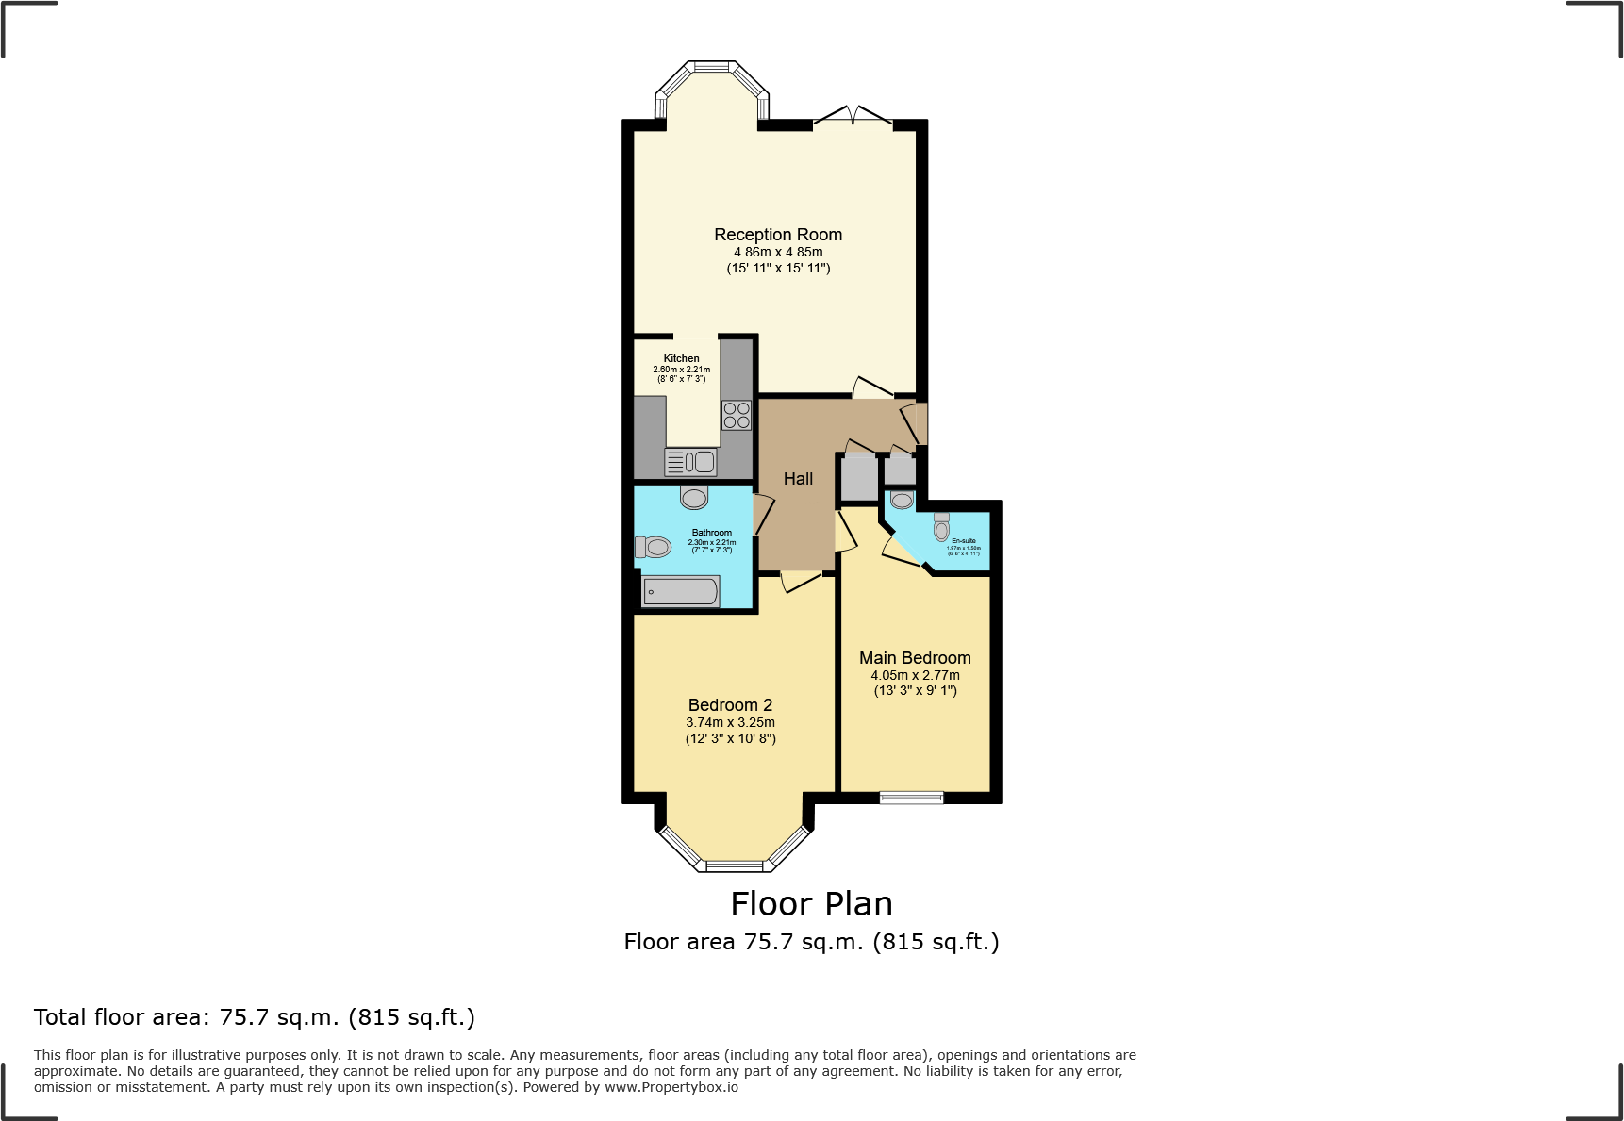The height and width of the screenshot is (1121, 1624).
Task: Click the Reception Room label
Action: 778,235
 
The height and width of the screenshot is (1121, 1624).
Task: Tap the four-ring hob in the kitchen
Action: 737,416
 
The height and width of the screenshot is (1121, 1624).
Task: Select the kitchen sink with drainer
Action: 690,462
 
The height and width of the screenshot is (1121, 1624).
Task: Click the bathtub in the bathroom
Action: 681,592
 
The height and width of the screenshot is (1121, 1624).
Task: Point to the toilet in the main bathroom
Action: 653,547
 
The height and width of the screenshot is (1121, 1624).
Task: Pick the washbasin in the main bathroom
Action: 694,497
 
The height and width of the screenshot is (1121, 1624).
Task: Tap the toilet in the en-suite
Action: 941,528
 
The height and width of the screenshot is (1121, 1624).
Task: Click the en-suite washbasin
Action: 902,500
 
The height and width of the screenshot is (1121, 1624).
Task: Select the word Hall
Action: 798,479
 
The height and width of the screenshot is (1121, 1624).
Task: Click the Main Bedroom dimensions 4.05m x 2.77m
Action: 915,675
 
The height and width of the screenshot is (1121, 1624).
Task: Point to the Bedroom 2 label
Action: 730,705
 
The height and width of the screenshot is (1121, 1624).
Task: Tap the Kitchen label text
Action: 681,358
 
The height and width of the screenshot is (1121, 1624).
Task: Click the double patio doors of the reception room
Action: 853,117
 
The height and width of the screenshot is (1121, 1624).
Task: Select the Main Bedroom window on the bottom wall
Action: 911,798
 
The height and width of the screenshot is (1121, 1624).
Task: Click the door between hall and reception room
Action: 872,387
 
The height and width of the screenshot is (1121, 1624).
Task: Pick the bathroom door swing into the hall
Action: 763,515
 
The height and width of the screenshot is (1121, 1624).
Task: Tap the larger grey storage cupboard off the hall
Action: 858,478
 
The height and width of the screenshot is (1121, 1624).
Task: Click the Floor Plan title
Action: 811,904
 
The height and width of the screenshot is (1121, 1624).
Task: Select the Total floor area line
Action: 255,1017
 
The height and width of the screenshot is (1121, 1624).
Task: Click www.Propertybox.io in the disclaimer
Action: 671,1087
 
